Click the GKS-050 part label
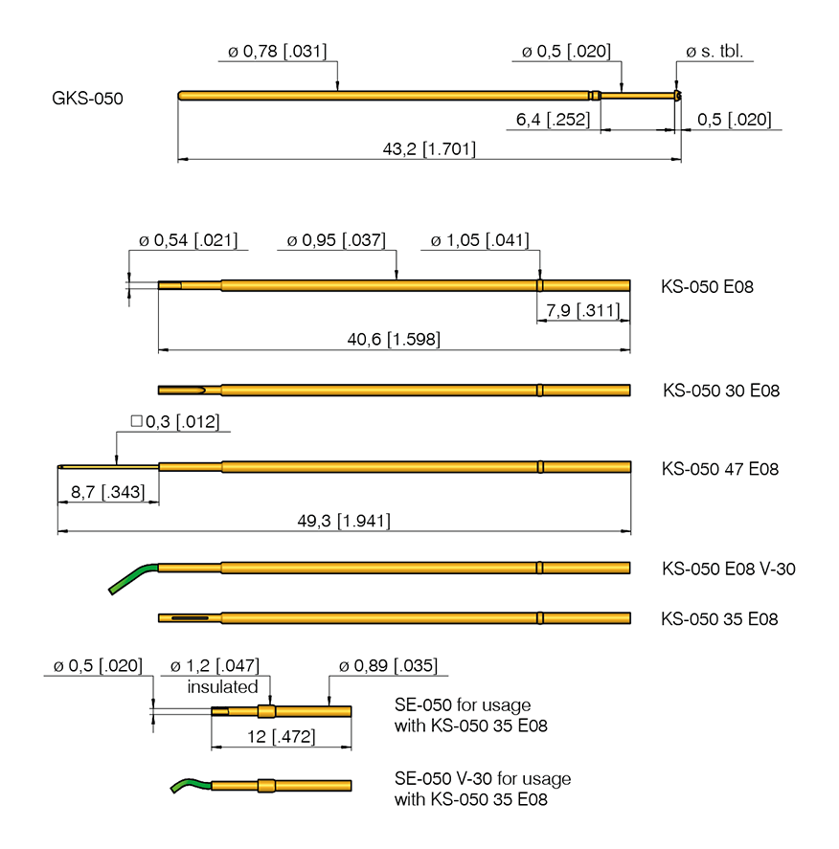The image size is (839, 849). click(87, 99)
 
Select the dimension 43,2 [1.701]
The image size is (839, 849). click(429, 149)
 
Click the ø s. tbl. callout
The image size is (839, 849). click(714, 52)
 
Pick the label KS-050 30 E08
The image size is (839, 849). click(721, 391)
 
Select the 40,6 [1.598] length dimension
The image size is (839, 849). click(394, 339)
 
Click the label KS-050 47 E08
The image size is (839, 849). click(720, 469)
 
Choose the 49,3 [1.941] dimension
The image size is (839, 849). click(344, 521)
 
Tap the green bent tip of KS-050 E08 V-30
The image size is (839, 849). click(127, 578)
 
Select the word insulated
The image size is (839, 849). click(223, 686)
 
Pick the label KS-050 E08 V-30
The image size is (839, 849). click(728, 569)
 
